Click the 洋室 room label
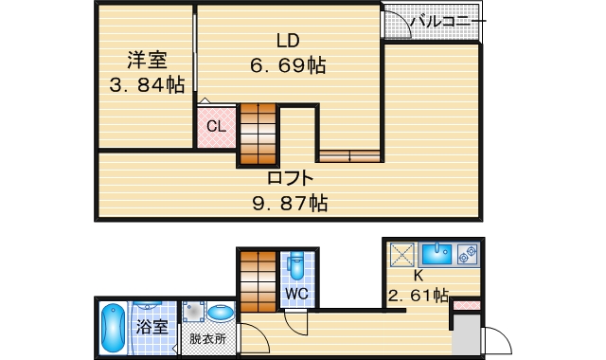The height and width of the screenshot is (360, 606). (x=148, y=61)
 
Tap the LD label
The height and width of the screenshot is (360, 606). (x=288, y=41)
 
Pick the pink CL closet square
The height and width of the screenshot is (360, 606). (x=216, y=126)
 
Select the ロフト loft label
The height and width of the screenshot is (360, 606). (x=290, y=177)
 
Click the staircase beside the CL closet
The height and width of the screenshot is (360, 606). (x=258, y=135)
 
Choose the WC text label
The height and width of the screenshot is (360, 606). (x=297, y=295)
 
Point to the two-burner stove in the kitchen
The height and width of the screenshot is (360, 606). (x=467, y=253)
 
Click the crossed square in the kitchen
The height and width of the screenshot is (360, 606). (x=401, y=254)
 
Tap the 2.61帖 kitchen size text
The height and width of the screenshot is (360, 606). (x=418, y=295)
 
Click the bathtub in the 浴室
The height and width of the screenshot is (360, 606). (x=113, y=328)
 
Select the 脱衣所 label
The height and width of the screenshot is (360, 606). (x=207, y=338)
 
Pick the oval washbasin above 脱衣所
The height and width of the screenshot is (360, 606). (x=223, y=314)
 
